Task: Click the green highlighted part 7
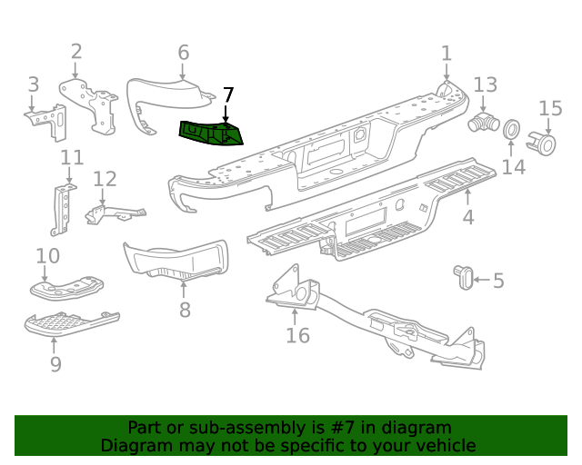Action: tap(212, 134)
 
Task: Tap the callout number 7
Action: tap(228, 95)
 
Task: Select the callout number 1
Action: tap(447, 54)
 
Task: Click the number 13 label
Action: tap(486, 84)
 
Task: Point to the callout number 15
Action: tap(551, 109)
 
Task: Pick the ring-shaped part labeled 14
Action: tap(512, 130)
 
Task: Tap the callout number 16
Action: tap(297, 335)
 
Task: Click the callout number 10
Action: tap(48, 257)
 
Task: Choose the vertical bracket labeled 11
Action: tap(63, 209)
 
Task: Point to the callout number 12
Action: tap(105, 179)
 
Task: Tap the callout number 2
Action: tap(76, 52)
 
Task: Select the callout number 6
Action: tap(183, 52)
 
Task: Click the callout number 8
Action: tap(185, 311)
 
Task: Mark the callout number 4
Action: tap(468, 218)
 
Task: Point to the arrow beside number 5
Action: tap(480, 280)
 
